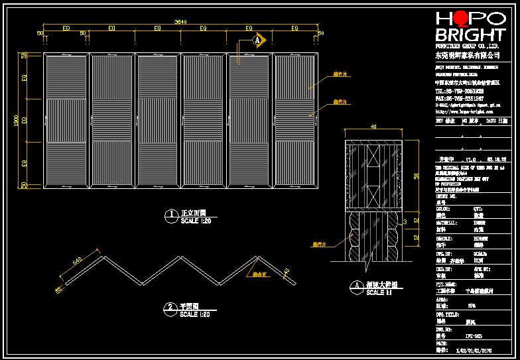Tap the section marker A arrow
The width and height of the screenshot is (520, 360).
tap(259, 40)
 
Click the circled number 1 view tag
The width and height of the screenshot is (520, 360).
tap(171, 214)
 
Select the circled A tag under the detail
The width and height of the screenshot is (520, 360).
tap(357, 286)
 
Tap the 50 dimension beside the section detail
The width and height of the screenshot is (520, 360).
tap(417, 176)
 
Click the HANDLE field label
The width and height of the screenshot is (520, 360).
tap(444, 237)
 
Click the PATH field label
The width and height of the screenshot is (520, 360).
tap(441, 343)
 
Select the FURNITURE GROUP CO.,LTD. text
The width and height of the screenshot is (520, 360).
tap(467, 48)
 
